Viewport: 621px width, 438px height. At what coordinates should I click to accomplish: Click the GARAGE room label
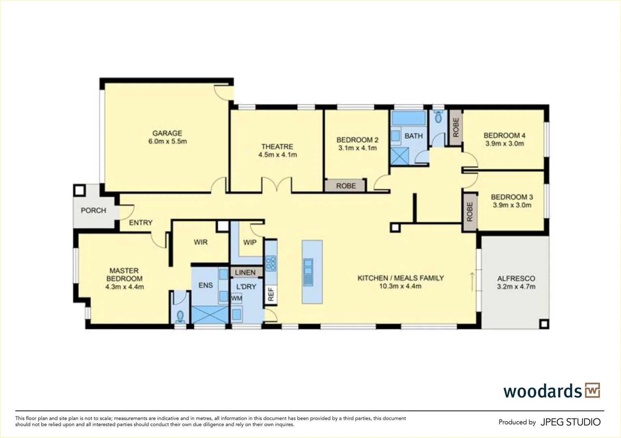(x=167, y=133)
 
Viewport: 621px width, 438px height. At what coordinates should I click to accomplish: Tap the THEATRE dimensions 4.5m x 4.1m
(x=278, y=155)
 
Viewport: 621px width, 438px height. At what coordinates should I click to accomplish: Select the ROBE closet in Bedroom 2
(x=345, y=186)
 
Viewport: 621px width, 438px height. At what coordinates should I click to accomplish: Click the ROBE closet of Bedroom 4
(x=456, y=127)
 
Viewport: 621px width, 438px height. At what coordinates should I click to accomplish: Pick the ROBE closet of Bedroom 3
(x=470, y=212)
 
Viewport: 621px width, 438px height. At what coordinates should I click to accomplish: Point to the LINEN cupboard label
(x=246, y=272)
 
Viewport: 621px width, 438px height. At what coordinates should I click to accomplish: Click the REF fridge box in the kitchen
(x=271, y=294)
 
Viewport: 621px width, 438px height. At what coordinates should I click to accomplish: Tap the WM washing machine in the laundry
(x=237, y=298)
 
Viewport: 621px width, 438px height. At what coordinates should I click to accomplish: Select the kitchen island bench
(x=312, y=272)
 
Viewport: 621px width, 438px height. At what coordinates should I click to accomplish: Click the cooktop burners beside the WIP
(x=271, y=263)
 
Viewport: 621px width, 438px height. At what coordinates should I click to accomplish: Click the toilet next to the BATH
(x=438, y=118)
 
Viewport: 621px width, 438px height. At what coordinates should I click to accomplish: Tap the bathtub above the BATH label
(x=408, y=118)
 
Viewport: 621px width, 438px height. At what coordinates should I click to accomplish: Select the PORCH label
(x=93, y=210)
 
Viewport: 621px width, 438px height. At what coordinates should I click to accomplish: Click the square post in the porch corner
(x=79, y=190)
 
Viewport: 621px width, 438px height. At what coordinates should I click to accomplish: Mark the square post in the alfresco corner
(x=543, y=324)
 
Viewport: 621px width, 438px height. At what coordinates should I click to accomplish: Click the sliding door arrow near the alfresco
(x=472, y=281)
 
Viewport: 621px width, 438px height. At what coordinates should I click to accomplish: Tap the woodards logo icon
(x=592, y=391)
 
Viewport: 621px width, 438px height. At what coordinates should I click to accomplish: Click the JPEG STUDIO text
(x=570, y=422)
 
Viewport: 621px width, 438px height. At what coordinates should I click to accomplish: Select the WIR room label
(x=201, y=242)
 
